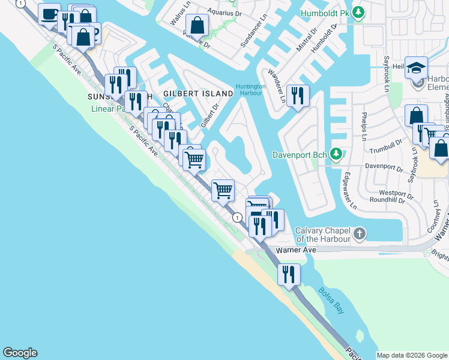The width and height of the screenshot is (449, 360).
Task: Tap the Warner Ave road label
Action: [x=295, y=250]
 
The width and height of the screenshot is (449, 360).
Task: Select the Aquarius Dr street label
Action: [x=224, y=11]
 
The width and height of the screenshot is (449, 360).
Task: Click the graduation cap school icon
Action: [x=415, y=68]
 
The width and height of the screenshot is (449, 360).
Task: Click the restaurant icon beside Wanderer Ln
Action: [x=297, y=95]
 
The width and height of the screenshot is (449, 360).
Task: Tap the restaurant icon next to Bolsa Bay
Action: [x=289, y=274]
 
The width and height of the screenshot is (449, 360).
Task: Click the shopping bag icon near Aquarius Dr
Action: [x=197, y=25]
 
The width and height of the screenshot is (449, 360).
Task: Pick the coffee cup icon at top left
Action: [x=49, y=14]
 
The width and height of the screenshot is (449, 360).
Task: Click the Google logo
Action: [x=20, y=353]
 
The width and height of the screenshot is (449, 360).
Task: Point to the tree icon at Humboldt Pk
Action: [x=358, y=12]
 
